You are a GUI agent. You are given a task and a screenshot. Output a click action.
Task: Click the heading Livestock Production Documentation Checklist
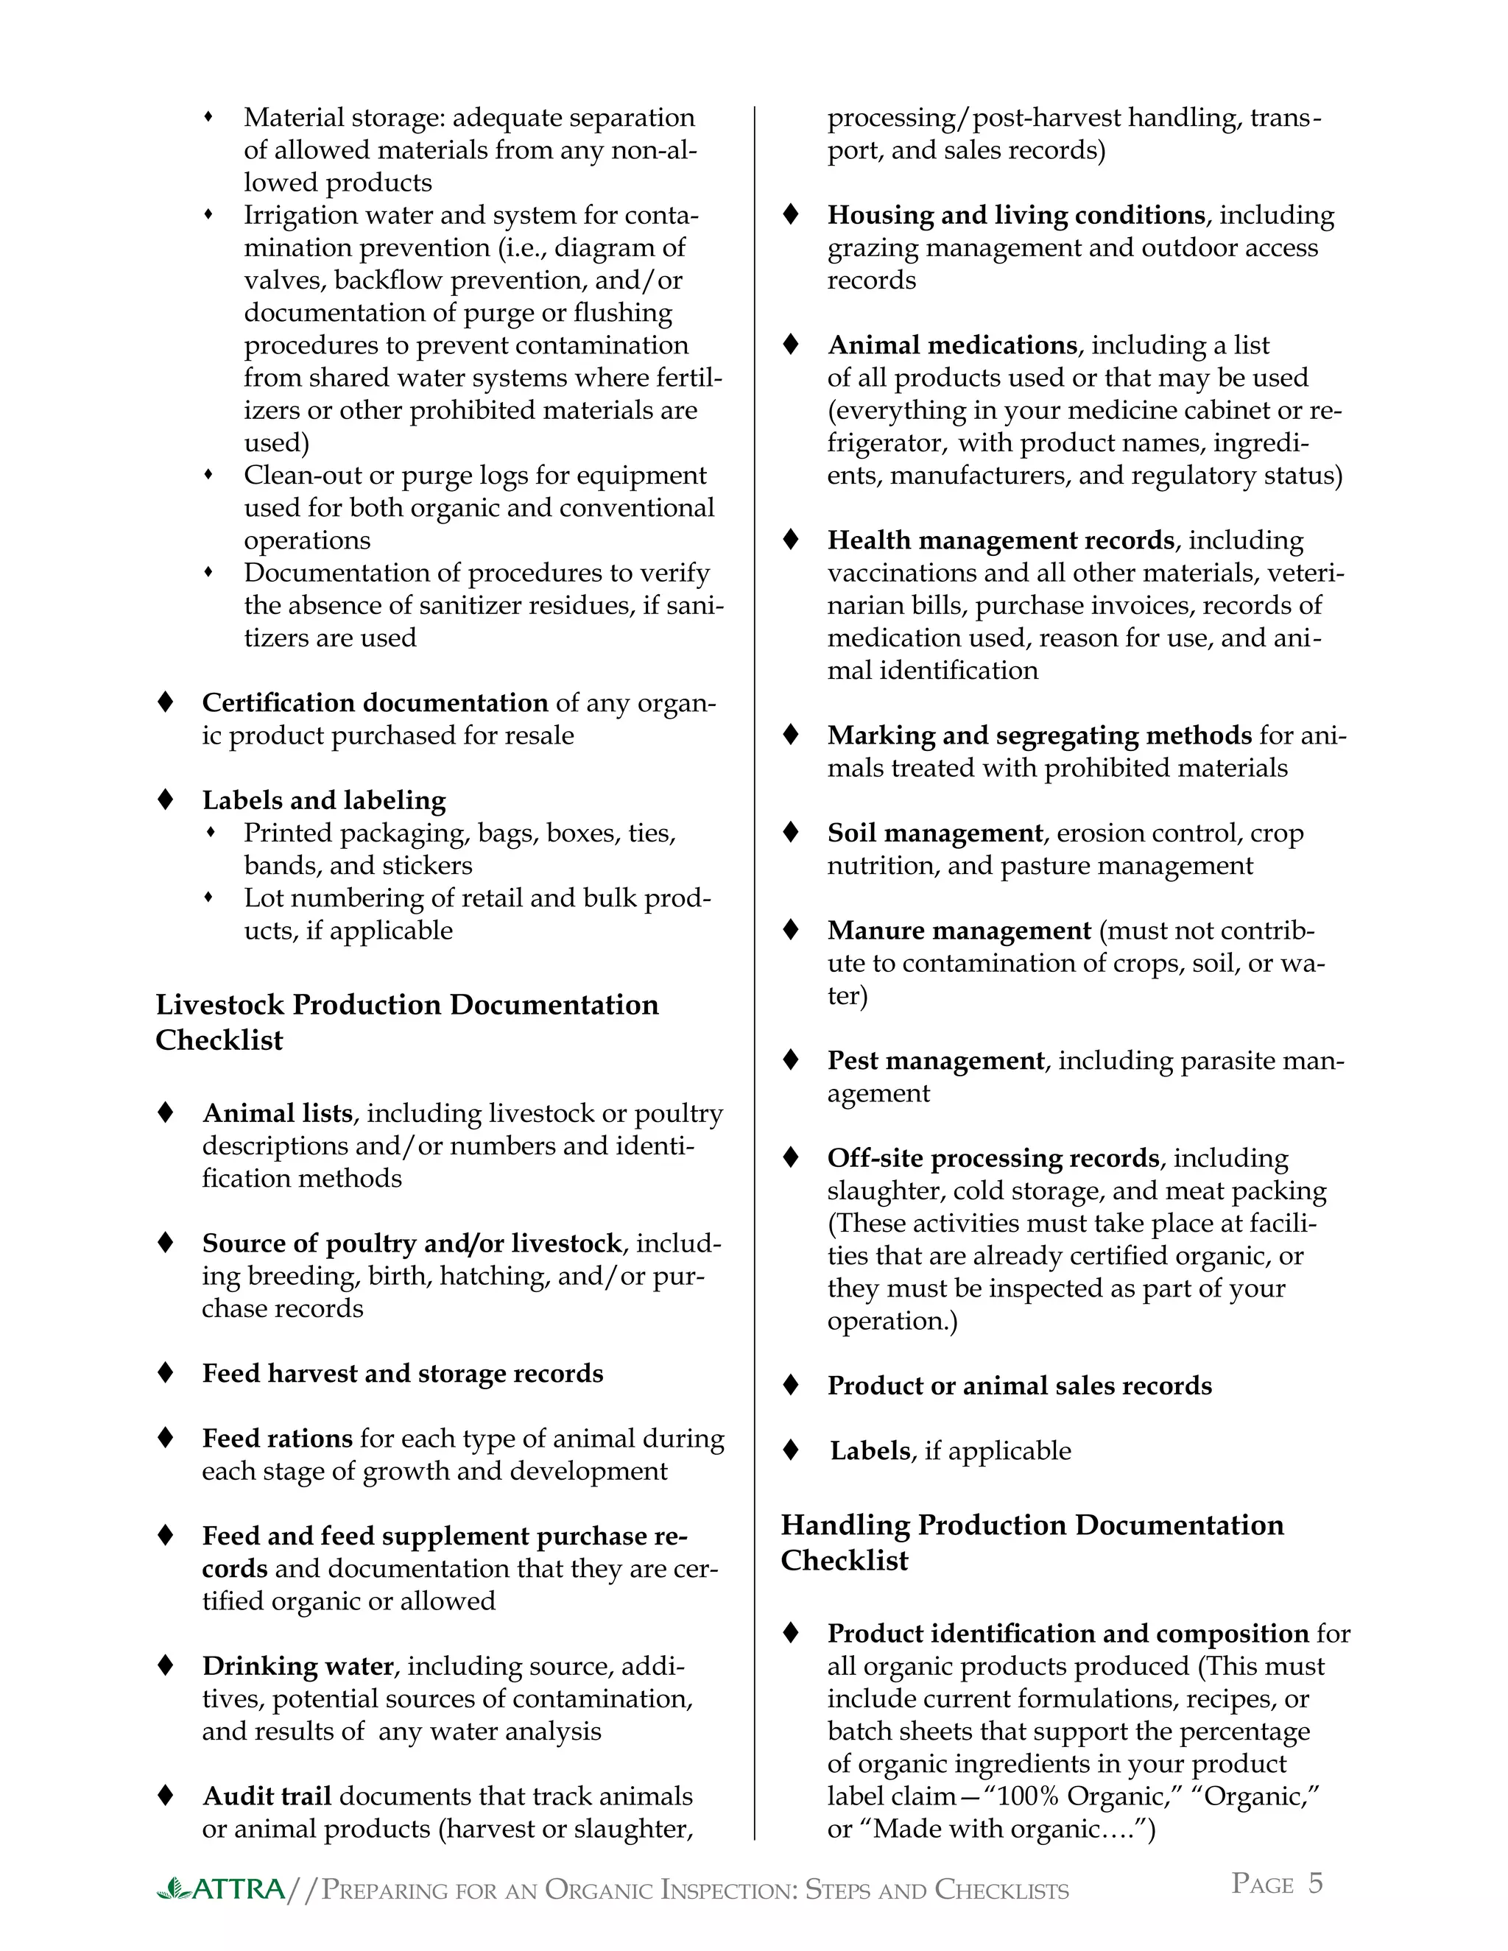pos(406,1022)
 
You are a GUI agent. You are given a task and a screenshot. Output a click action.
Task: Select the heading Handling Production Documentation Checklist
pos(1032,1542)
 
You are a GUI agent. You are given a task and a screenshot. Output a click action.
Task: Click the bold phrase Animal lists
pos(277,1113)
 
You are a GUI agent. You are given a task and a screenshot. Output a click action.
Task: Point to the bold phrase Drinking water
pos(297,1666)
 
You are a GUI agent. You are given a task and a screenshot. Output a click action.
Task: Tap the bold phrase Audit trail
pos(267,1796)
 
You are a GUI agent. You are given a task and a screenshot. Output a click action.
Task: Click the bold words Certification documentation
pos(374,703)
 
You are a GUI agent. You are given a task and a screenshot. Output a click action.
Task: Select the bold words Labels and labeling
pos(323,800)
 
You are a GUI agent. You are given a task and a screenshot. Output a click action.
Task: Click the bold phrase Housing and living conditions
pos(1015,215)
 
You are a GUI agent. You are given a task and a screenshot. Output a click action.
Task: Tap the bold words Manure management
pos(959,931)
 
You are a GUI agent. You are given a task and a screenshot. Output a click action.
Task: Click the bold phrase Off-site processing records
pos(993,1158)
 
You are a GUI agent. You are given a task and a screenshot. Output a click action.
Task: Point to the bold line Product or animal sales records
pos(1018,1386)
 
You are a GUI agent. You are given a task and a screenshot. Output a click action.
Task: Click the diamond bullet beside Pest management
pos(791,1060)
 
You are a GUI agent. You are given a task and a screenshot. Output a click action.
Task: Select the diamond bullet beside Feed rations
pos(165,1439)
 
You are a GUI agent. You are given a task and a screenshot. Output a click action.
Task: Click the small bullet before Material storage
pos(208,117)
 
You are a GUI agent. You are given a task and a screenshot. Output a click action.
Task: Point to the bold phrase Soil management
pos(934,833)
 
